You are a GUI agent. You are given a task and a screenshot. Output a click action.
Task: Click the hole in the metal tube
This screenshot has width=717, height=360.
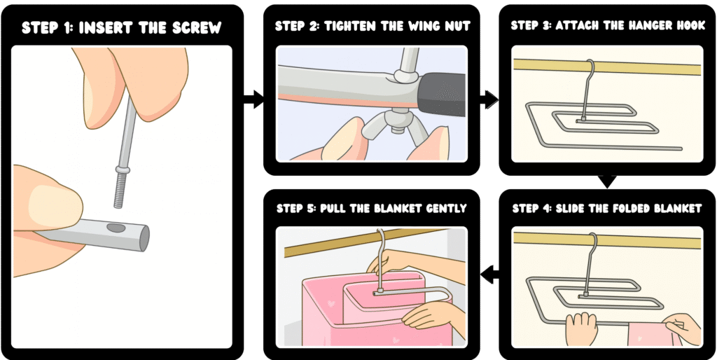coord(115,227)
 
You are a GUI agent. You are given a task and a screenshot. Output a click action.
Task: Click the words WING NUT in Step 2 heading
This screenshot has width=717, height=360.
coord(431,27)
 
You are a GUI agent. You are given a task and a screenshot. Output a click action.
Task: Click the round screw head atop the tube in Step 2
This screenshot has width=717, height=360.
coord(404,72)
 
